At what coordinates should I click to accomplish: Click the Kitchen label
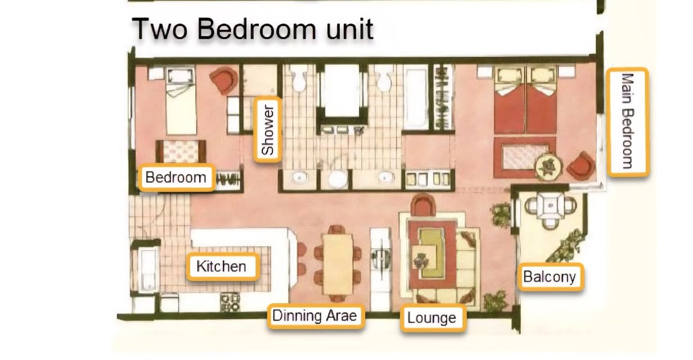(223, 267)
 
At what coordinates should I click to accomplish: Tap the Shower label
(268, 129)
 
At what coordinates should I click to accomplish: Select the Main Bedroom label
(628, 122)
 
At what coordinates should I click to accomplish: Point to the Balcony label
(551, 277)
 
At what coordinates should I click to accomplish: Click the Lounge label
(433, 318)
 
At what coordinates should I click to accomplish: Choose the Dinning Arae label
(316, 316)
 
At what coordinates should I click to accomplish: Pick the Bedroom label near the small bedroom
(177, 178)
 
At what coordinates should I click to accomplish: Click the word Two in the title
(160, 29)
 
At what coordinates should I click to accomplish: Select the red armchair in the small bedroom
(224, 80)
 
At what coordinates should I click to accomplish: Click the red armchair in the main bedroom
(581, 166)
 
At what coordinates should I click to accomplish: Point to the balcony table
(550, 205)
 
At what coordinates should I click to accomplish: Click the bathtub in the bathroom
(416, 99)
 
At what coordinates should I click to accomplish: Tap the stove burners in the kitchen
(230, 302)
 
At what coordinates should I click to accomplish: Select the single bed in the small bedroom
(181, 101)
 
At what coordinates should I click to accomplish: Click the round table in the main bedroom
(549, 166)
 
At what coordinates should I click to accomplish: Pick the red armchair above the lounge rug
(423, 205)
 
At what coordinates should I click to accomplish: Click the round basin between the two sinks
(337, 179)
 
